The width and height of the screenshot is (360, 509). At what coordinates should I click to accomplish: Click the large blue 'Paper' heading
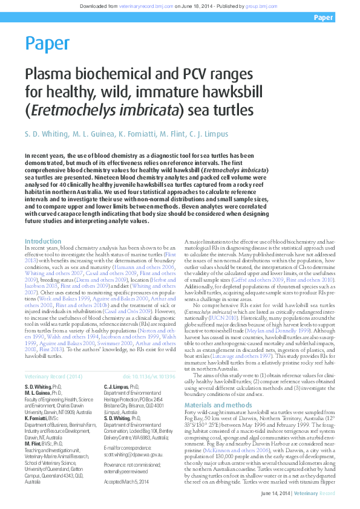47,44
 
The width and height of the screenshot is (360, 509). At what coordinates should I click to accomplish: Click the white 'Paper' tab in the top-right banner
324,18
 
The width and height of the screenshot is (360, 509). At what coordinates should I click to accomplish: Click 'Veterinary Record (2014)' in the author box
53,377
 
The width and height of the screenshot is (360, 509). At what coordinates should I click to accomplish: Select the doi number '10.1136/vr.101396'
154,377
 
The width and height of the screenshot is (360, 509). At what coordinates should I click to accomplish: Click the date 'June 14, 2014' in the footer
276,493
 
